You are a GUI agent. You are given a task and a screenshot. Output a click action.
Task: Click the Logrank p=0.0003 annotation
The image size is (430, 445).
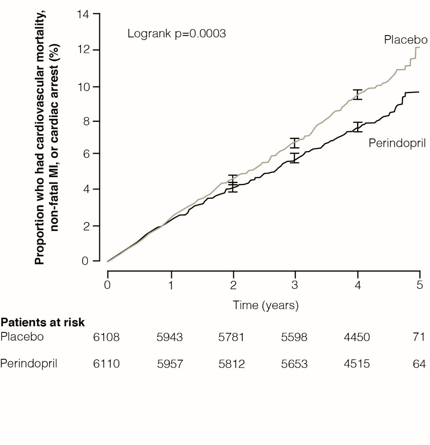coord(176,33)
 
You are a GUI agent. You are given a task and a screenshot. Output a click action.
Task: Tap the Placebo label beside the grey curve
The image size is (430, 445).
coord(405,40)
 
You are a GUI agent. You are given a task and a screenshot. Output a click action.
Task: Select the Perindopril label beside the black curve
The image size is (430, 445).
coord(397,143)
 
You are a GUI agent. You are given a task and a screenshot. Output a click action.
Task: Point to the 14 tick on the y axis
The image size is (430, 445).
coord(83,15)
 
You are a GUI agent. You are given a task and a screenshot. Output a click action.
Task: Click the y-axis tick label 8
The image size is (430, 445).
coord(86,121)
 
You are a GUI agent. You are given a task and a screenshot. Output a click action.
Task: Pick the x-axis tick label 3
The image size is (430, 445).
coord(295,285)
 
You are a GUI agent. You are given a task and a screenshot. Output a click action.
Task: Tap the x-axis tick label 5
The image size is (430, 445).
coord(419,285)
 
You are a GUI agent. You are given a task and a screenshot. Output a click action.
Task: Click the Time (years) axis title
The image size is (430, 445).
coord(266,305)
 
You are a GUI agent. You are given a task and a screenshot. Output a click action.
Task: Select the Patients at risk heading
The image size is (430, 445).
coord(42,322)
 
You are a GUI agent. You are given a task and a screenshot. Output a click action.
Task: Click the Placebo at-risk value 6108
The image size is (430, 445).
coord(106,337)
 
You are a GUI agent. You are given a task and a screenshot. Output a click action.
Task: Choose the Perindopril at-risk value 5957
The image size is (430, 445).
coord(170,364)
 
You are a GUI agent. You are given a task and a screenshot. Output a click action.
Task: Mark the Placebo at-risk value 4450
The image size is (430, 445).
coord(357,337)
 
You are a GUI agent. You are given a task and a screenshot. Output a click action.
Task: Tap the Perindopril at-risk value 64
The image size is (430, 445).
coord(419,364)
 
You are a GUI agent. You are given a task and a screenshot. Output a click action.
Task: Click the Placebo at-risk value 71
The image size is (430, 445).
coord(419,337)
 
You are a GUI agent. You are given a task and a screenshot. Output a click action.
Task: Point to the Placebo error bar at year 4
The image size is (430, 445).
coord(358,95)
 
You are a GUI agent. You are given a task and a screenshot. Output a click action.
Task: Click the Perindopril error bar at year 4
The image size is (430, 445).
coord(358,127)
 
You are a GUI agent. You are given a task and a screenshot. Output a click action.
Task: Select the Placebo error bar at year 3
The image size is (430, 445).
coord(295,143)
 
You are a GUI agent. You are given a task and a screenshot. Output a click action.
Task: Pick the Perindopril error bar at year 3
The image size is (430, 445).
coord(295,158)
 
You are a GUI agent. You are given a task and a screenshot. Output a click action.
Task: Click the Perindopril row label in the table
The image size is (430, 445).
coord(29,364)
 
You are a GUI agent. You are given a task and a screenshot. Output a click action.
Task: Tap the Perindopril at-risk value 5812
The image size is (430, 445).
coord(232,364)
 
